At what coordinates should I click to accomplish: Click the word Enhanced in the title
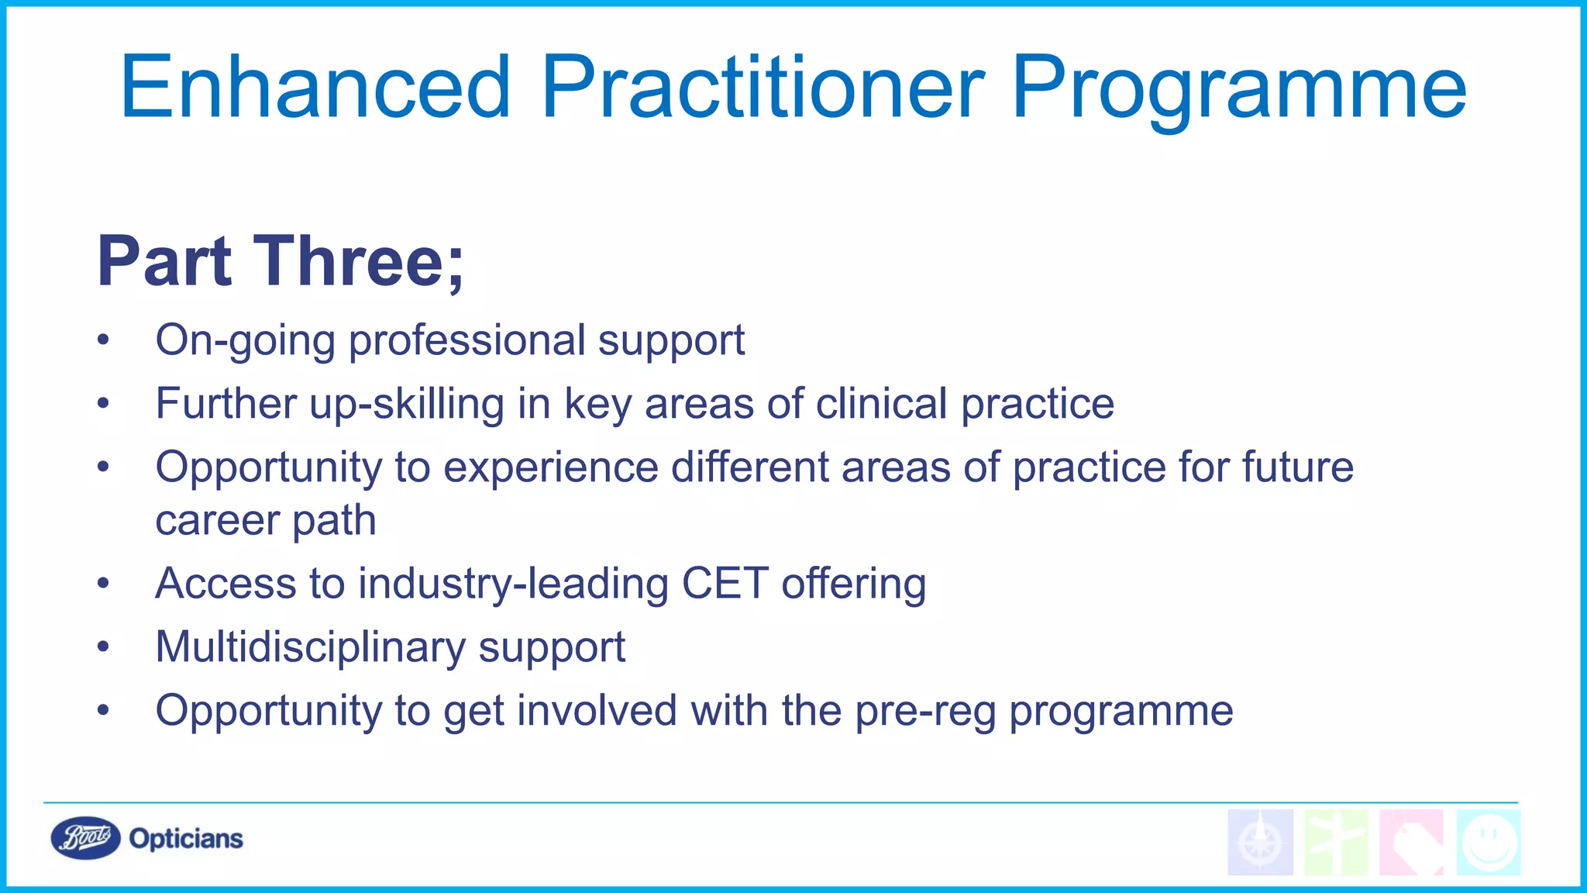[315, 87]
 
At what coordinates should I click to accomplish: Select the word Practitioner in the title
[763, 87]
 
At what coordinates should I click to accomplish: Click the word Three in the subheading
[348, 261]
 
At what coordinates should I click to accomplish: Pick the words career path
[266, 520]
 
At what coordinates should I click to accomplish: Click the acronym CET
[725, 583]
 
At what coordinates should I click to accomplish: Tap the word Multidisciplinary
[310, 647]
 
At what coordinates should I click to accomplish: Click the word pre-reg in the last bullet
[925, 712]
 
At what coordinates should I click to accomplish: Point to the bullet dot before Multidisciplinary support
[104, 647]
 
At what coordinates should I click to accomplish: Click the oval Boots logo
[85, 838]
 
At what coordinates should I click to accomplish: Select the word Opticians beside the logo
[186, 839]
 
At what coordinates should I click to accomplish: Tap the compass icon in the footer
[1260, 843]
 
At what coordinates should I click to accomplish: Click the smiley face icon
[1488, 843]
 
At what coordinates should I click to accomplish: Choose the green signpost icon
[1335, 843]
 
